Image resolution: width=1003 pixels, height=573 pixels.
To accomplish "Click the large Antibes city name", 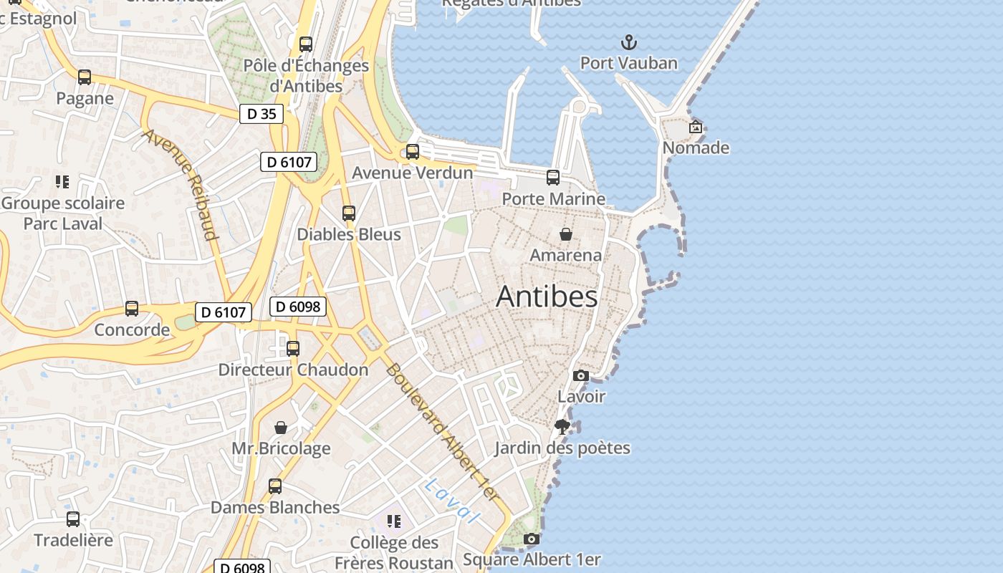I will [547, 297].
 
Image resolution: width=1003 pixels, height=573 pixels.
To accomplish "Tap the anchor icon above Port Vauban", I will [628, 42].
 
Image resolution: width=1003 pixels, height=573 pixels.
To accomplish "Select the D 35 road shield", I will [261, 113].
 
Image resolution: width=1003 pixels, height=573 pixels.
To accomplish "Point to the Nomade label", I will [696, 148].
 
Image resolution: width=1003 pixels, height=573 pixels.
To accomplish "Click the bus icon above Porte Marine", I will [553, 178].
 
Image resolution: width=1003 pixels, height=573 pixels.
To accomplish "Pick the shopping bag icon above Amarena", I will [565, 234].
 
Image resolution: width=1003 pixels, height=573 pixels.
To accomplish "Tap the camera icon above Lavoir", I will [581, 375].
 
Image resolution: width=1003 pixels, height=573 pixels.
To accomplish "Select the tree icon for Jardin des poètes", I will [562, 427].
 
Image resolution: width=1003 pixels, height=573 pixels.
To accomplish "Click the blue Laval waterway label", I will [451, 501].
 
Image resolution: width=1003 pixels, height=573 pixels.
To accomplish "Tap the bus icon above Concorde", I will [132, 309].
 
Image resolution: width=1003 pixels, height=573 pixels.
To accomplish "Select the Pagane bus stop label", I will [85, 98].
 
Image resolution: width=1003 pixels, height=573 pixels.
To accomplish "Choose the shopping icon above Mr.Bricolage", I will [281, 428].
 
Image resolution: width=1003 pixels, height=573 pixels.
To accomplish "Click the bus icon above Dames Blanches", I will [275, 486].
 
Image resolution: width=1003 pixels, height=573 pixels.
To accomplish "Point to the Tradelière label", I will [73, 540].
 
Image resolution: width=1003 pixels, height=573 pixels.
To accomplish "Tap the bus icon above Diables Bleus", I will [349, 213].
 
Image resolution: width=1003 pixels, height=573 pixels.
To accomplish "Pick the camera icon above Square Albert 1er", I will [531, 539].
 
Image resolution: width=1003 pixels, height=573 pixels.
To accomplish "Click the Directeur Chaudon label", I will [293, 370].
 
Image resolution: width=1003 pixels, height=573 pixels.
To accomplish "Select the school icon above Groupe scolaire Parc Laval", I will [62, 182].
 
